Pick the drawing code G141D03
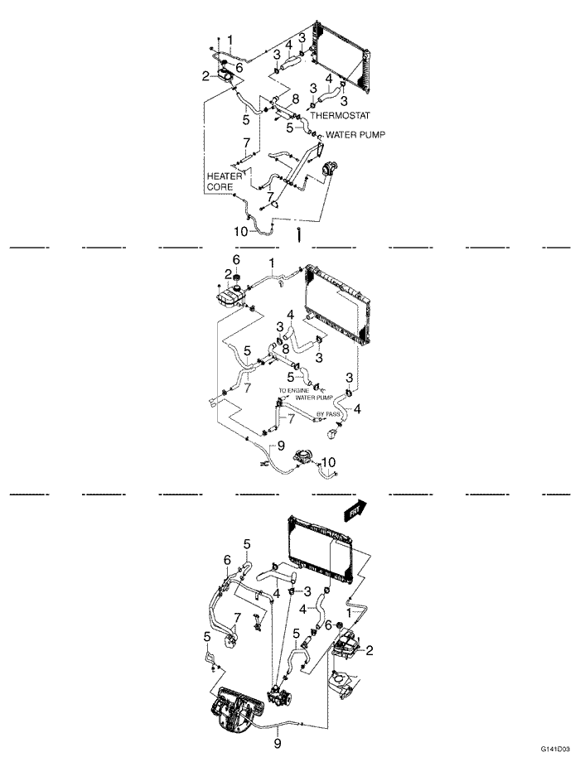(556, 747)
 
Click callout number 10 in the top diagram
(240, 232)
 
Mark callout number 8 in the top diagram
(294, 99)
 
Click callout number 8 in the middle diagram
(285, 350)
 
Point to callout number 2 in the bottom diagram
(370, 650)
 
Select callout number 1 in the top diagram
(230, 39)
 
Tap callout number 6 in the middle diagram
(235, 259)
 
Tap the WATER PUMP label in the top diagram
(355, 133)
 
